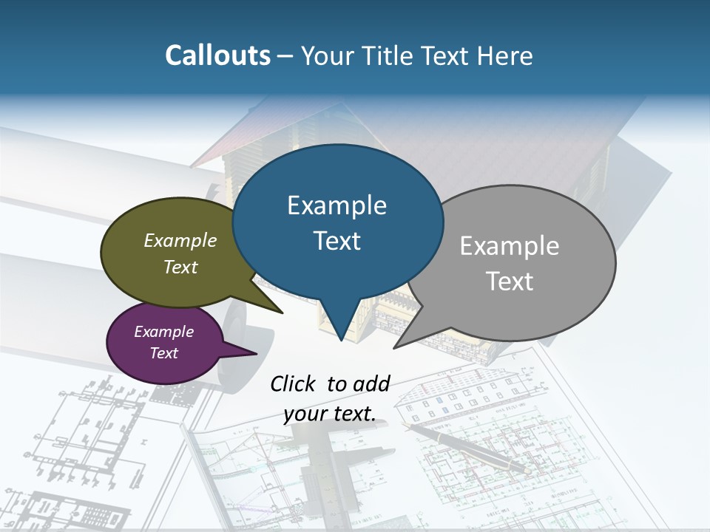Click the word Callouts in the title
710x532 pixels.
pyautogui.click(x=217, y=55)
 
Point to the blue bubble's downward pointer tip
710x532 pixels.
pyautogui.click(x=341, y=339)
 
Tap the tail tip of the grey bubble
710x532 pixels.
pyautogui.click(x=396, y=347)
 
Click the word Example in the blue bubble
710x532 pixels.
pyautogui.click(x=337, y=205)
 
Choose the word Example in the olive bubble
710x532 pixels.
pyautogui.click(x=180, y=241)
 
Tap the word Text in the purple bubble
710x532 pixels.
pyautogui.click(x=163, y=353)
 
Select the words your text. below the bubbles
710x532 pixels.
pyautogui.click(x=329, y=413)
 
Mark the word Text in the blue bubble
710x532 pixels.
pyautogui.click(x=337, y=241)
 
